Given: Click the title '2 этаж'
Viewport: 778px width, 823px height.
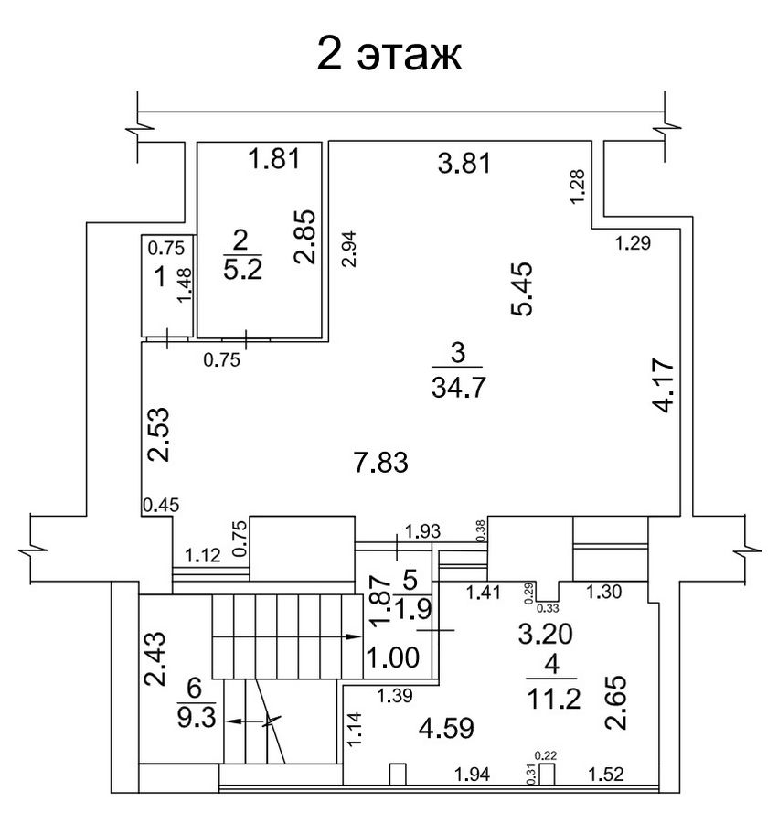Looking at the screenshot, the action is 389,54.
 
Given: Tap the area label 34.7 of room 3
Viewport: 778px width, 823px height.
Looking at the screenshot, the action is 459,389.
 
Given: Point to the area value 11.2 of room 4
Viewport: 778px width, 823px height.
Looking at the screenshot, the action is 553,699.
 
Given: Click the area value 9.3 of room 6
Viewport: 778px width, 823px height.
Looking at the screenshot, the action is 197,718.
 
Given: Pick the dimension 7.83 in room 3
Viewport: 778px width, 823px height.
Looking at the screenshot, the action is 381,463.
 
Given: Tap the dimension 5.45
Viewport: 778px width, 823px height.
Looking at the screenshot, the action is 522,288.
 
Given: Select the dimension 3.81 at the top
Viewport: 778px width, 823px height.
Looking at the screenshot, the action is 464,163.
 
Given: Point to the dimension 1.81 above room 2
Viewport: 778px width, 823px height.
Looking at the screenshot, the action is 274,158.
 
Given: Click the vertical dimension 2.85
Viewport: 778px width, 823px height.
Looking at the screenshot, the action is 304,236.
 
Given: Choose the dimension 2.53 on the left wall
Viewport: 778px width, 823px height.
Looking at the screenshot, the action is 158,434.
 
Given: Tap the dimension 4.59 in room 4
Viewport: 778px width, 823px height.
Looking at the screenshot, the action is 446,728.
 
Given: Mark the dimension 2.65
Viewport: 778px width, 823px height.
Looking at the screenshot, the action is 615,702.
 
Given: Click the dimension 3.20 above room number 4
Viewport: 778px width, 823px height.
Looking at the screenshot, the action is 545,634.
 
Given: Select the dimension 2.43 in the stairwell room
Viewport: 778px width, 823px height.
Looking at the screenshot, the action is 155,658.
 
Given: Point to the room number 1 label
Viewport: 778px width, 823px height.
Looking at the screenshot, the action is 161,276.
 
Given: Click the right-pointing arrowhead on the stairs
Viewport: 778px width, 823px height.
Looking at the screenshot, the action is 355,636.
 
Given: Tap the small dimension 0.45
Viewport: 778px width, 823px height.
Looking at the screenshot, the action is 161,505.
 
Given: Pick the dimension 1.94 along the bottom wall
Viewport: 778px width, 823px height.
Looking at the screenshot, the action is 472,775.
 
